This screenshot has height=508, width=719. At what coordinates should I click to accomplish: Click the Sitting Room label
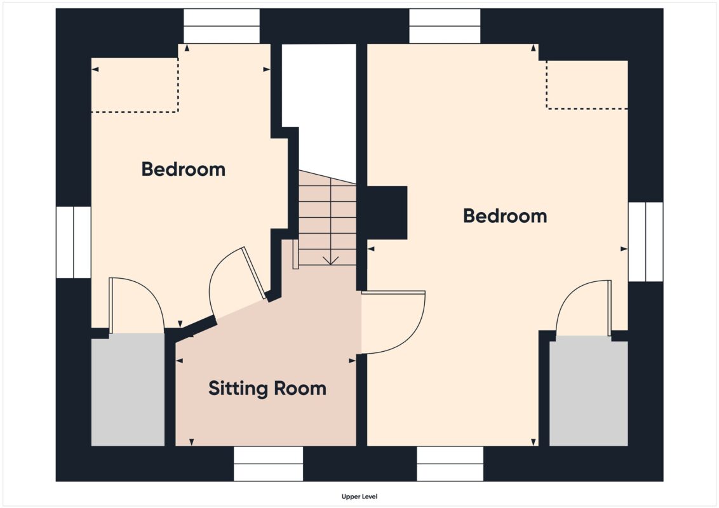267,389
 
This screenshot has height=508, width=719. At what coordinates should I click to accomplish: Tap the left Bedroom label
184,169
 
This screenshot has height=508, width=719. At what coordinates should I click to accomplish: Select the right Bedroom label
505,216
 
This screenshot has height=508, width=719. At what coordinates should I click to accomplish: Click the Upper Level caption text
359,497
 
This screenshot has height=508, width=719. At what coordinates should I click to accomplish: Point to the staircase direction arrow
330,260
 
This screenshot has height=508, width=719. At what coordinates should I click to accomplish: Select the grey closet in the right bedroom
589,391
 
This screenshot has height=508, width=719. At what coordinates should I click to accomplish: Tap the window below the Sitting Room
268,464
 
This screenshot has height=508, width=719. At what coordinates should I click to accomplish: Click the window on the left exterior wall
74,243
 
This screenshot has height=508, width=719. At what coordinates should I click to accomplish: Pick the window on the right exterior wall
645,242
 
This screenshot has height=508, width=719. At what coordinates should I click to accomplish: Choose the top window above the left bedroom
222,26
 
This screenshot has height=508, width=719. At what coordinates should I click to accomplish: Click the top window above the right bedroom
445,26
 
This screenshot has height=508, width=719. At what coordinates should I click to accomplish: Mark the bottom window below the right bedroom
450,464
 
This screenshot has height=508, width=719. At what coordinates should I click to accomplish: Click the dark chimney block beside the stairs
387,213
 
